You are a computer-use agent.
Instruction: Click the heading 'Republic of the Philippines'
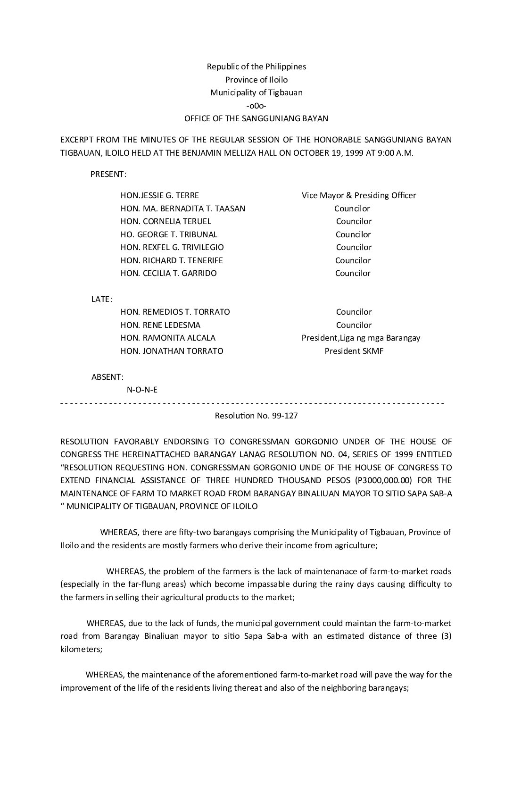(256, 67)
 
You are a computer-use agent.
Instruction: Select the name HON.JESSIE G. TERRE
(160, 195)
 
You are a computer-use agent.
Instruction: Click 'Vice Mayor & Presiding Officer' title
(359, 195)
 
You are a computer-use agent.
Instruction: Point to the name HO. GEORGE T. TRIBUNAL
(169, 234)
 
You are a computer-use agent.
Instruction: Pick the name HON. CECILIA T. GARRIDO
(169, 273)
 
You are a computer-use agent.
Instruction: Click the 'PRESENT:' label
(108, 174)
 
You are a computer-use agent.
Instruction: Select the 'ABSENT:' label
(108, 377)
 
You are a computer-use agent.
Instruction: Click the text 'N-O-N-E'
(142, 390)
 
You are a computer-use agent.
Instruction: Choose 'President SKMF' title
(354, 351)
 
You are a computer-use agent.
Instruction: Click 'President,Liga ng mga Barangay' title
(361, 338)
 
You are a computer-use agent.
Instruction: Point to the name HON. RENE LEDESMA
(160, 325)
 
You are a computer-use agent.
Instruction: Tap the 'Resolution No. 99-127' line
(256, 416)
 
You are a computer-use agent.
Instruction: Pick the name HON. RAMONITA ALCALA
(168, 338)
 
